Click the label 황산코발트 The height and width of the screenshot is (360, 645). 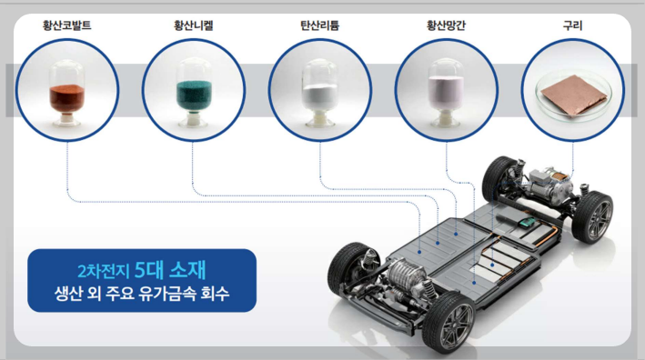pos(67,25)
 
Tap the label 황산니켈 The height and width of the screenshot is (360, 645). pos(194,25)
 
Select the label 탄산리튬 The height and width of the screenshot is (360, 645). pos(319,25)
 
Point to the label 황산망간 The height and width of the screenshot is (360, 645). pos(446,25)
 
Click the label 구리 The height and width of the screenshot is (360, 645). pos(572,25)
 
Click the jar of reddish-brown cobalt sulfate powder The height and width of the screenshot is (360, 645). pos(66,93)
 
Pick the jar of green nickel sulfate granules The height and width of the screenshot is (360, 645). pos(194,93)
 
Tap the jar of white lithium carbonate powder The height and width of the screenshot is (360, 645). pos(319,93)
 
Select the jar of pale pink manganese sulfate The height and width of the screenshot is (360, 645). pos(447,93)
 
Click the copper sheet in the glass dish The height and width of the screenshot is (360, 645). pos(574,95)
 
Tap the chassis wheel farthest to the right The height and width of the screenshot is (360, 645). pos(593,217)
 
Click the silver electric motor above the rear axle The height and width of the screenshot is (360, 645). pos(549,184)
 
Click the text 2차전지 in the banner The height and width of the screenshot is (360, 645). pos(103,271)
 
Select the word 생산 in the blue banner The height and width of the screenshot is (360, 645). pos(68,294)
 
